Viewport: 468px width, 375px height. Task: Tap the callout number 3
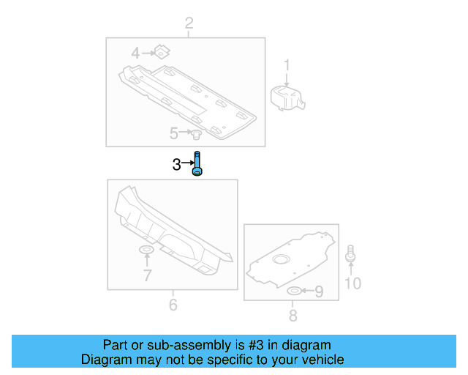tap(176, 166)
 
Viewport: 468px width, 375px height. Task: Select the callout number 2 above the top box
tap(189, 24)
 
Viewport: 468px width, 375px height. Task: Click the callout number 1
tap(287, 67)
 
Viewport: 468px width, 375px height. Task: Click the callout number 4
tap(135, 53)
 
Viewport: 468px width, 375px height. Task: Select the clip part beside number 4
tap(162, 52)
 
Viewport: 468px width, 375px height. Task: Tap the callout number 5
tap(174, 133)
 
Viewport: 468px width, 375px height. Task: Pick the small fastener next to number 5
tap(196, 134)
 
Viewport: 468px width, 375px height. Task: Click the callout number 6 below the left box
tap(173, 304)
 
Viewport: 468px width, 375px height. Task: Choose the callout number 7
tap(147, 275)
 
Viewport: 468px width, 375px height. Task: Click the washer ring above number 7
tap(146, 252)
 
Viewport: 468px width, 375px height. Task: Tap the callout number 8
tap(292, 316)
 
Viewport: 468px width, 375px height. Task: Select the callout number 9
tap(318, 292)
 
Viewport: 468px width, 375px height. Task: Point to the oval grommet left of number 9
tap(294, 292)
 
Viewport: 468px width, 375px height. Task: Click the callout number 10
tap(352, 283)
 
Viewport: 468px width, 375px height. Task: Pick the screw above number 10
tap(352, 253)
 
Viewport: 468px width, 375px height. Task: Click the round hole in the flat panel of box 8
tap(282, 259)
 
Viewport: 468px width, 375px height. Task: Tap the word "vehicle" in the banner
tap(321, 360)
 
